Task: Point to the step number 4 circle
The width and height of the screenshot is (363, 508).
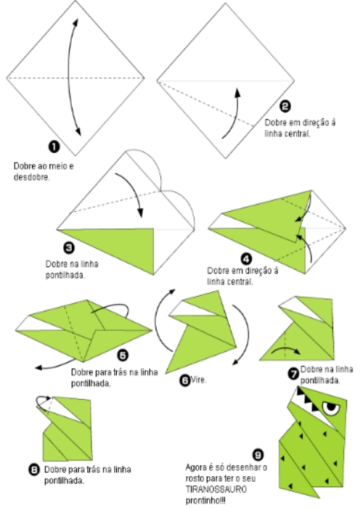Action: pos(246,258)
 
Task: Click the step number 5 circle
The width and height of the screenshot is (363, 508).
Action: pos(123,355)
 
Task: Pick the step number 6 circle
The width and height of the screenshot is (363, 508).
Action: pos(184,379)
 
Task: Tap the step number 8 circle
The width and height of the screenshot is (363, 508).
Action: pos(33,470)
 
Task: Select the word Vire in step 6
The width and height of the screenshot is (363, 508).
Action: pos(197,379)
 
